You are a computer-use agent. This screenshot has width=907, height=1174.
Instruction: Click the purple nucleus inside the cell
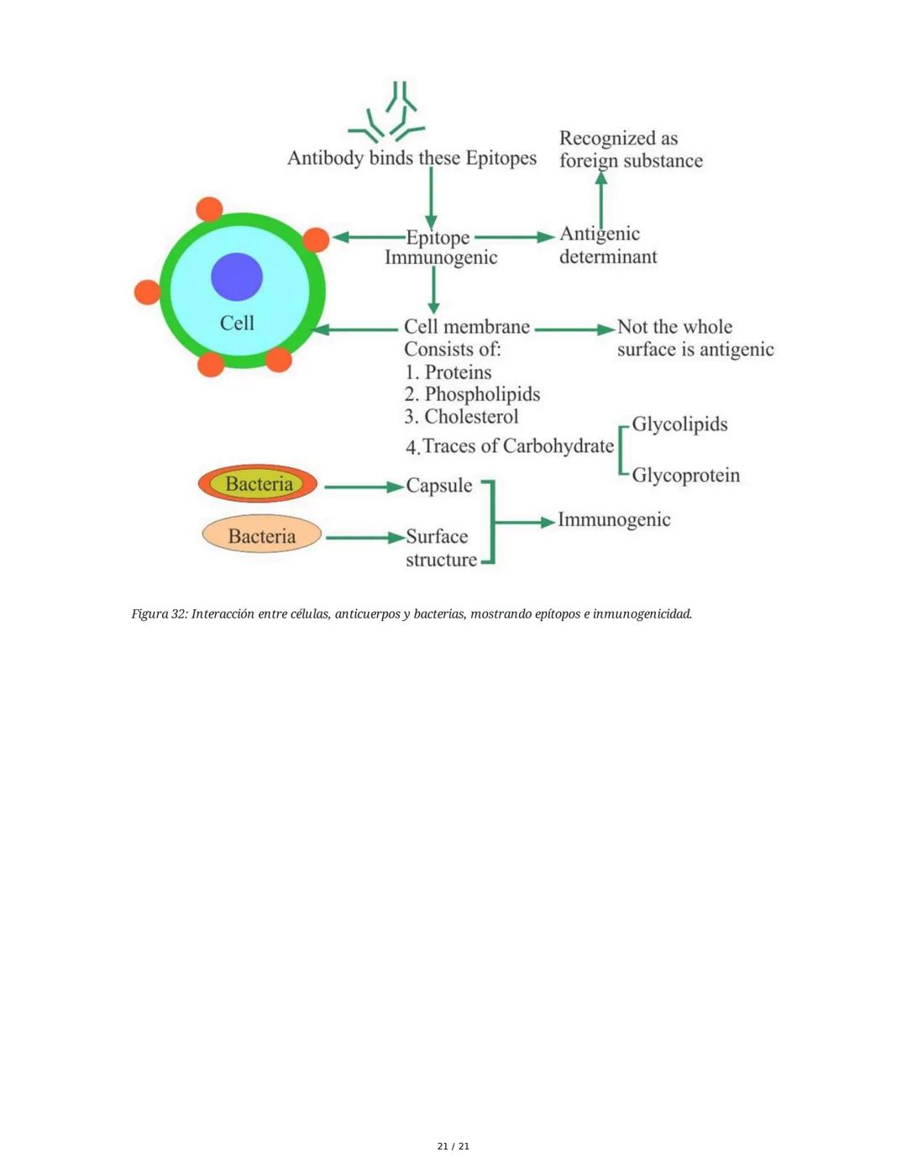[x=237, y=276]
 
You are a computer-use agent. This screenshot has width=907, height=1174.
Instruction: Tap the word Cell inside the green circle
[x=237, y=324]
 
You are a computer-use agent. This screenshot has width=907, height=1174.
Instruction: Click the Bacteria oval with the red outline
[x=258, y=484]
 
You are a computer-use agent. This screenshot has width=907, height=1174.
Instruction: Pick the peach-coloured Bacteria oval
[x=261, y=535]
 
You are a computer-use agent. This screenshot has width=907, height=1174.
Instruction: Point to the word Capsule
[x=439, y=486]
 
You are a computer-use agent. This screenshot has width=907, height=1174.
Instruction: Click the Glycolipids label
[x=679, y=424]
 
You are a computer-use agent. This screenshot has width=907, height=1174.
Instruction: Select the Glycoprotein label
[x=685, y=476]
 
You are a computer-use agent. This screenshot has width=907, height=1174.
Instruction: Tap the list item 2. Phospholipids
[x=472, y=394]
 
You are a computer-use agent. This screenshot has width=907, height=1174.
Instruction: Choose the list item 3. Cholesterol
[x=462, y=417]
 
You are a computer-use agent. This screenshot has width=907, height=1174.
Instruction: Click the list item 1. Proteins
[x=448, y=372]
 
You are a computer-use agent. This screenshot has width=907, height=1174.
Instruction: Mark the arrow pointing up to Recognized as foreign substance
[x=600, y=199]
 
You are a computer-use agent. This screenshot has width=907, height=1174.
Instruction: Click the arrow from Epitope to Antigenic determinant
[x=514, y=237]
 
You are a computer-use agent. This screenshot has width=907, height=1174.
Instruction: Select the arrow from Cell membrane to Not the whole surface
[x=574, y=329]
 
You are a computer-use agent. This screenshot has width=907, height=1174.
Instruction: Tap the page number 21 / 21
[x=453, y=1146]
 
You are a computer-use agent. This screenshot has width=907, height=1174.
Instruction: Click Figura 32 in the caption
[x=159, y=614]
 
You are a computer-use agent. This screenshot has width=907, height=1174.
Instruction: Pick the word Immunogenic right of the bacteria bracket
[x=614, y=520]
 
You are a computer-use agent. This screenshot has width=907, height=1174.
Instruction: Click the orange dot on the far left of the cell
[x=148, y=292]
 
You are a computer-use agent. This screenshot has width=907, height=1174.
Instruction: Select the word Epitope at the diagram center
[x=438, y=238]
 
